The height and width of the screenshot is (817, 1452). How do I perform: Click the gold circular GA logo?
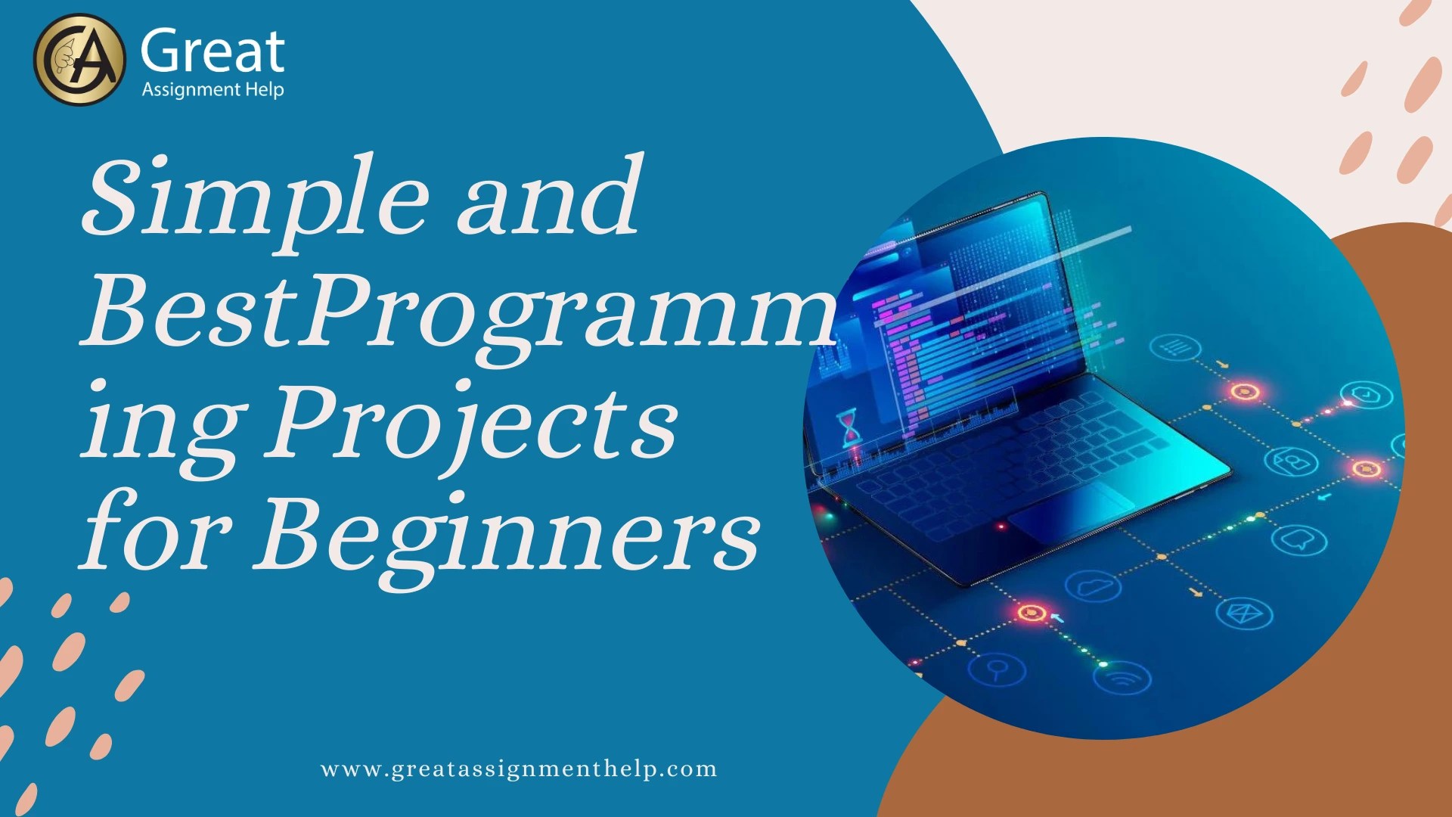79,60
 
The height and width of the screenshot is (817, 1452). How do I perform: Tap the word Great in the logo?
213,52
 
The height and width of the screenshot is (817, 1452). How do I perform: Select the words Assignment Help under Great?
213,90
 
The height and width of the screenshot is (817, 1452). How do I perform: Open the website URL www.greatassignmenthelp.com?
519,769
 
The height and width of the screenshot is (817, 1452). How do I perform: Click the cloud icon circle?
1092,586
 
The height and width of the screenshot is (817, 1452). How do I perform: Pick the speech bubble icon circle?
1298,539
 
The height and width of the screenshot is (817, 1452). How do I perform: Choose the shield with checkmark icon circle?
1366,394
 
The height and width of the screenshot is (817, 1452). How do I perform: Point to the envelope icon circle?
1244,613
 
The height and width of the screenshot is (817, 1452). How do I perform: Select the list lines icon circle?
1175,348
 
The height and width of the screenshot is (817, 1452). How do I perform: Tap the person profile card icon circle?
1292,461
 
